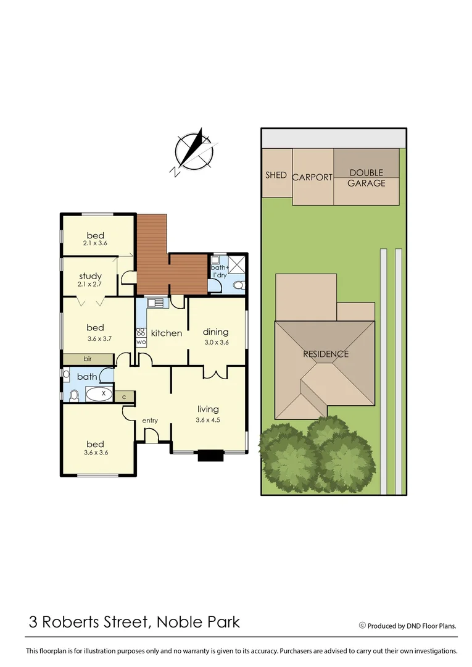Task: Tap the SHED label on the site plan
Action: (276, 175)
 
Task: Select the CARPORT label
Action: (312, 177)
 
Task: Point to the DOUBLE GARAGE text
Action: (366, 178)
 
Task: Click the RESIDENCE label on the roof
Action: (325, 354)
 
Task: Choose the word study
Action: (90, 276)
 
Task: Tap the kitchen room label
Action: (167, 333)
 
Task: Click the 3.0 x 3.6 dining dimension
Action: (217, 342)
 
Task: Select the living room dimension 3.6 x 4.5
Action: (208, 419)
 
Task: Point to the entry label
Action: (150, 421)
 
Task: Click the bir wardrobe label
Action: (88, 358)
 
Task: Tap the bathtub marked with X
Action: (99, 393)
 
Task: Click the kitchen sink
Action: (155, 303)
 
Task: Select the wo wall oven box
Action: (141, 342)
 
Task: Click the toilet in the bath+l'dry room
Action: (239, 285)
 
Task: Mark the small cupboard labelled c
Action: (125, 396)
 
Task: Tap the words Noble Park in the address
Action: (198, 621)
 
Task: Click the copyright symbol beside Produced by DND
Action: (362, 626)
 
